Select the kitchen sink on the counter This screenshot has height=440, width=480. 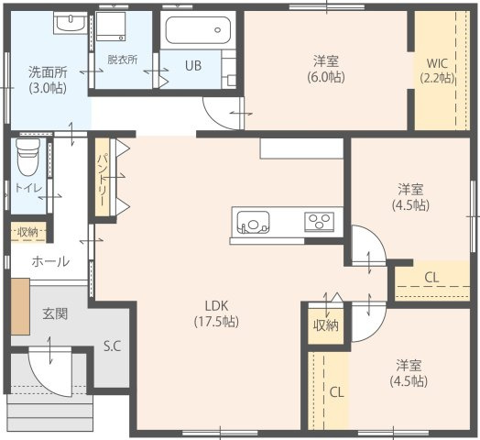(253, 222)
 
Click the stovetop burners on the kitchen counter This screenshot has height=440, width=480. (320, 221)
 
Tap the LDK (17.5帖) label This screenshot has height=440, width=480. (216, 313)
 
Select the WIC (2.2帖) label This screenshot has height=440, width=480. (438, 71)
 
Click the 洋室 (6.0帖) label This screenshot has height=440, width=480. (326, 69)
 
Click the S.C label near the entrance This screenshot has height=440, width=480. (113, 346)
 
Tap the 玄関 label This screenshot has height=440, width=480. (55, 313)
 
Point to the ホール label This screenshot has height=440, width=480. (49, 261)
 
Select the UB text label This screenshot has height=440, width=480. (193, 66)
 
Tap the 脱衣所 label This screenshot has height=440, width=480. (122, 60)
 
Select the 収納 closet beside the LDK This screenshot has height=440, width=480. (326, 325)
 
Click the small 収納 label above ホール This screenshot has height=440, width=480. (27, 231)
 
